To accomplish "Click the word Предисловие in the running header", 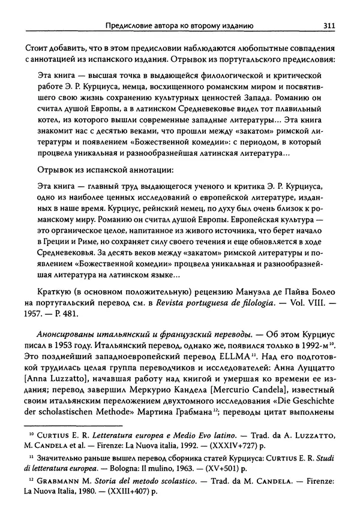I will (130, 25).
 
